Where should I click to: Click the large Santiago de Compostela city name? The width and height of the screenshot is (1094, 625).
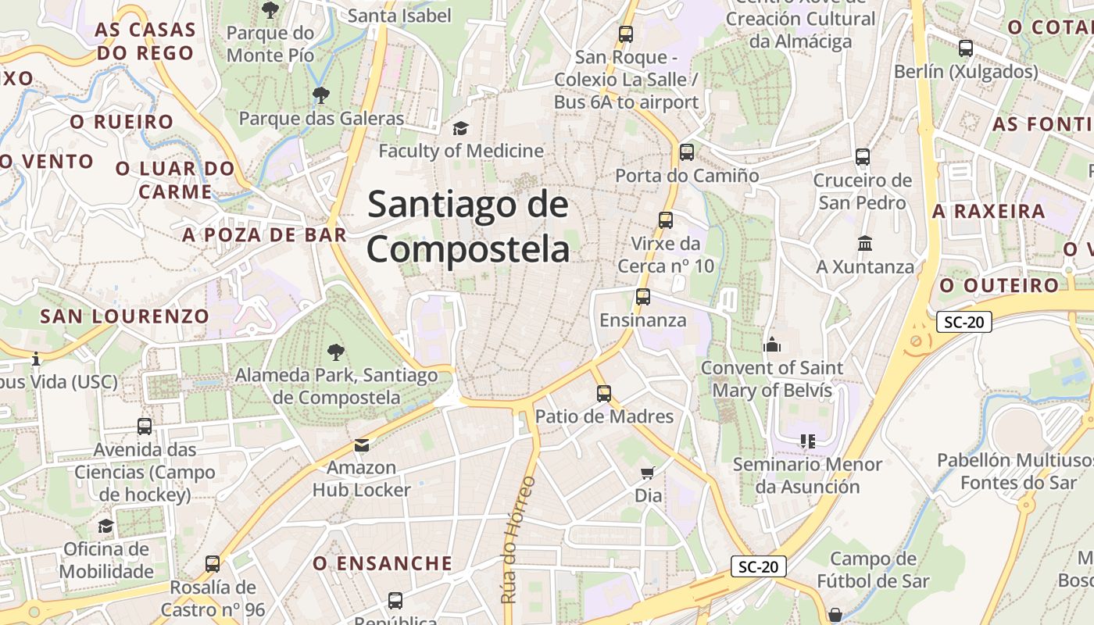469,227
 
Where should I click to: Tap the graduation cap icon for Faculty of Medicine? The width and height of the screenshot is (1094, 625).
460,128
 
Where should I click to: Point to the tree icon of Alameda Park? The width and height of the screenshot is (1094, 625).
336,352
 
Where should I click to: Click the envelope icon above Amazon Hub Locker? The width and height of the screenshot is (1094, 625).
362,445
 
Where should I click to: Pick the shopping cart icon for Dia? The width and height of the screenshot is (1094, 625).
647,472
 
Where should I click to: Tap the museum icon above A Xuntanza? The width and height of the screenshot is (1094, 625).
864,244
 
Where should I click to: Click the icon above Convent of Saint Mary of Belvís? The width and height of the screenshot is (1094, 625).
772,345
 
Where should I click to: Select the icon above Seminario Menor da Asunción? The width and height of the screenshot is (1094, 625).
807,441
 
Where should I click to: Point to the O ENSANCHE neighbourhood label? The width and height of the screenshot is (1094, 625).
383,563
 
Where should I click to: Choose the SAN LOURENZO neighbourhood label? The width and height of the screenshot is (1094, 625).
125,316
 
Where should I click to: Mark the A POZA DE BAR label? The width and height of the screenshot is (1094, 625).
265,234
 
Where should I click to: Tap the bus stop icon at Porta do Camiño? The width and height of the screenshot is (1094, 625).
687,152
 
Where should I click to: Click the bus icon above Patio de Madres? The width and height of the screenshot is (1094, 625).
603,393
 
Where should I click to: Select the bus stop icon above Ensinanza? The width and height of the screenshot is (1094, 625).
643,297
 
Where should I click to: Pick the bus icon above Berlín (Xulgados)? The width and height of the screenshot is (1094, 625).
966,48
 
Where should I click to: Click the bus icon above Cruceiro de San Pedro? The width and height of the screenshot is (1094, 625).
863,157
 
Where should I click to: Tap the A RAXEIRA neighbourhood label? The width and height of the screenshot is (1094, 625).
989,212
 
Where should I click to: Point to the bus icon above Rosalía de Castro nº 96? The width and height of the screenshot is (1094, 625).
213,564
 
